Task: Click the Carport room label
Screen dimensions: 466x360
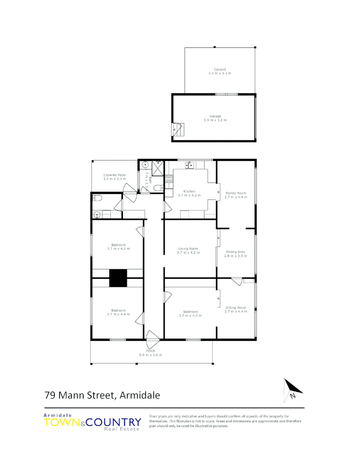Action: pos(220,69)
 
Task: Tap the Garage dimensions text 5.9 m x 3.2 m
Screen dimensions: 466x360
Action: pos(215,120)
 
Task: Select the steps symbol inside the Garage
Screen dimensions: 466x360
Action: pos(178,129)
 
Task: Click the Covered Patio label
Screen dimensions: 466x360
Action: pos(114,175)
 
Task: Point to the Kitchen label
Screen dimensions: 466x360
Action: pos(189,191)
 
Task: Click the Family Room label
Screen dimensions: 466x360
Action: pos(235,193)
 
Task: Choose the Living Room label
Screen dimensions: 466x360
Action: pos(188,249)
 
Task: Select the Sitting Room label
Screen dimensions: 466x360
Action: pos(235,307)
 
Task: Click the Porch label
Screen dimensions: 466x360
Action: pos(150,351)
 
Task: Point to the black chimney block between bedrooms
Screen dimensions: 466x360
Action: pos(118,278)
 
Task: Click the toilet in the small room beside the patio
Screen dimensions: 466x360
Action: pos(98,198)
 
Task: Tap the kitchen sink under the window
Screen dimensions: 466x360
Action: pos(190,164)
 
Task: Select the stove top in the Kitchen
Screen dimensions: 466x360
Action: pos(169,179)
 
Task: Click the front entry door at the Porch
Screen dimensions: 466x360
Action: pos(152,339)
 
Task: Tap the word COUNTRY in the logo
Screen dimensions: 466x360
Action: pos(114,422)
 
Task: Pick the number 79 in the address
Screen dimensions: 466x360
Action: pos(50,395)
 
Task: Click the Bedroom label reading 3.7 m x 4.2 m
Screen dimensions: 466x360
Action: pos(118,247)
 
